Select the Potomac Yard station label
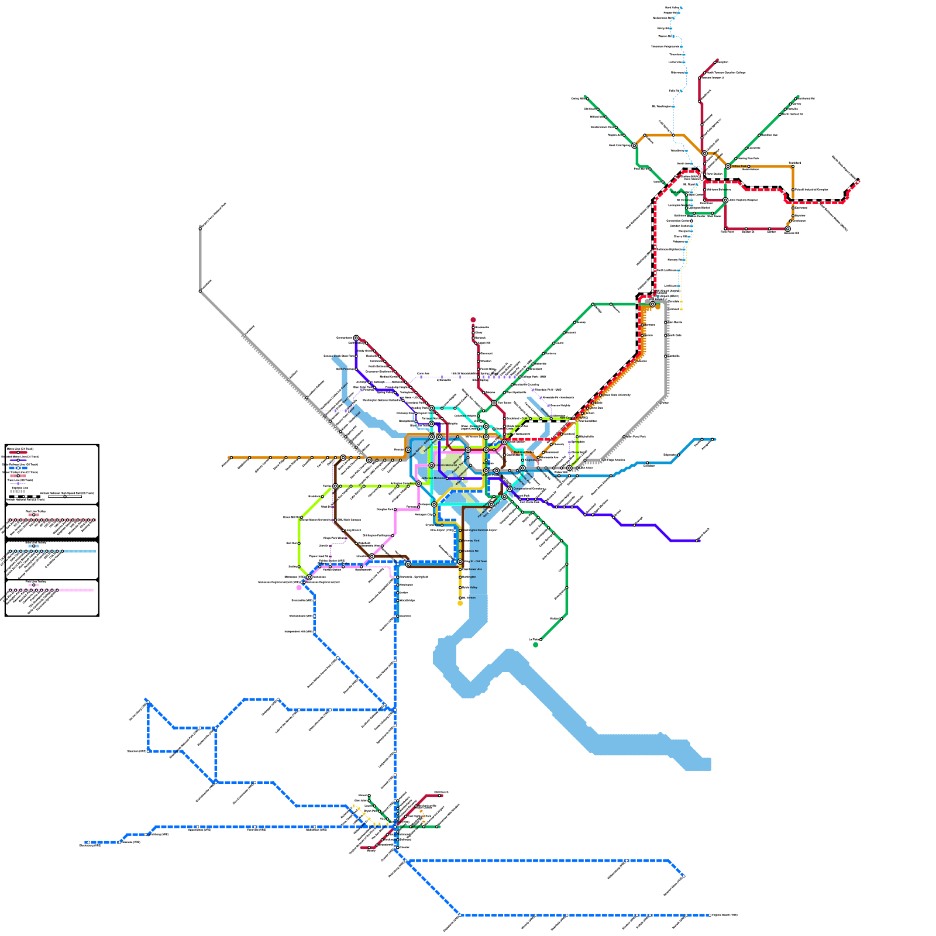[472, 541]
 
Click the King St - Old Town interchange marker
[460, 562]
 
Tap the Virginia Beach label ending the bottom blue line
[725, 915]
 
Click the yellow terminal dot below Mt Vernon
[460, 603]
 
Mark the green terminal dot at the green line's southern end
[535, 645]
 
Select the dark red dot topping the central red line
[473, 320]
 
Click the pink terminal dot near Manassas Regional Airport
[299, 587]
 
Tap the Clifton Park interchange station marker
[728, 167]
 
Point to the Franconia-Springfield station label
[414, 577]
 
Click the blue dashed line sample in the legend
[18, 468]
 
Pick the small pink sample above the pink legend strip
[33, 585]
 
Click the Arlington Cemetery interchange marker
[418, 484]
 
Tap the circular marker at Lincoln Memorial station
[432, 466]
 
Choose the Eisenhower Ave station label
[473, 569]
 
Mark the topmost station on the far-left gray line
[200, 228]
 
